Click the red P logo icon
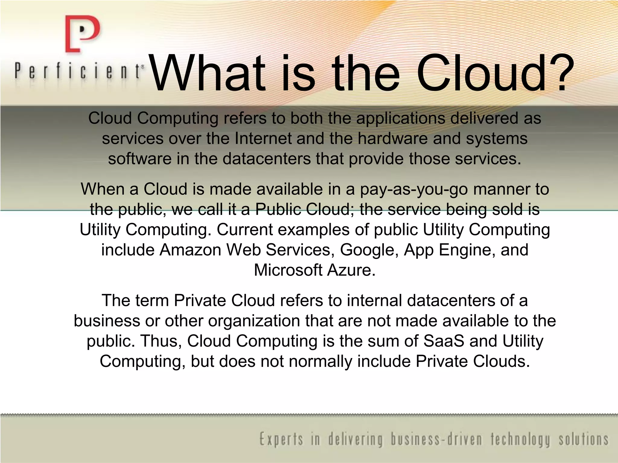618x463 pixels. [82, 34]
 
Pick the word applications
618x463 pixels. [400, 118]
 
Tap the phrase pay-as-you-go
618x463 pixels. [414, 190]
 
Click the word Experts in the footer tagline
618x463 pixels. [281, 439]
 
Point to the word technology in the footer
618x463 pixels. [521, 439]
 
